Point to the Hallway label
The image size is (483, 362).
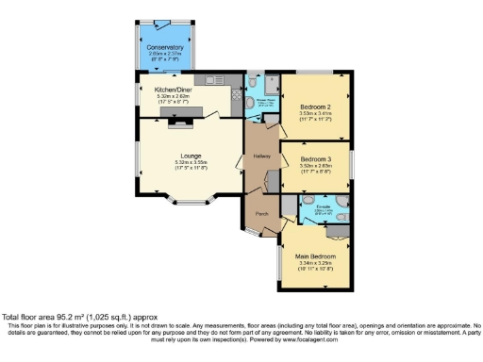tap(262, 156)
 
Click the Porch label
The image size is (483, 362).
tap(260, 213)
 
